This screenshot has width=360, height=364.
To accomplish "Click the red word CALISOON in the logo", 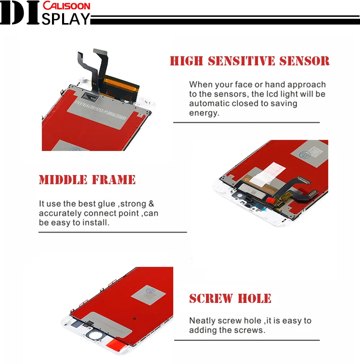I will click(x=66, y=6).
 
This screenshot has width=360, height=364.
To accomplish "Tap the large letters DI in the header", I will click(x=21, y=14).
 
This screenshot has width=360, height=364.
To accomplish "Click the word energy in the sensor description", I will click(x=204, y=113).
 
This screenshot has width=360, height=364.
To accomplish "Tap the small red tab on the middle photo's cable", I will click(x=272, y=197).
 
